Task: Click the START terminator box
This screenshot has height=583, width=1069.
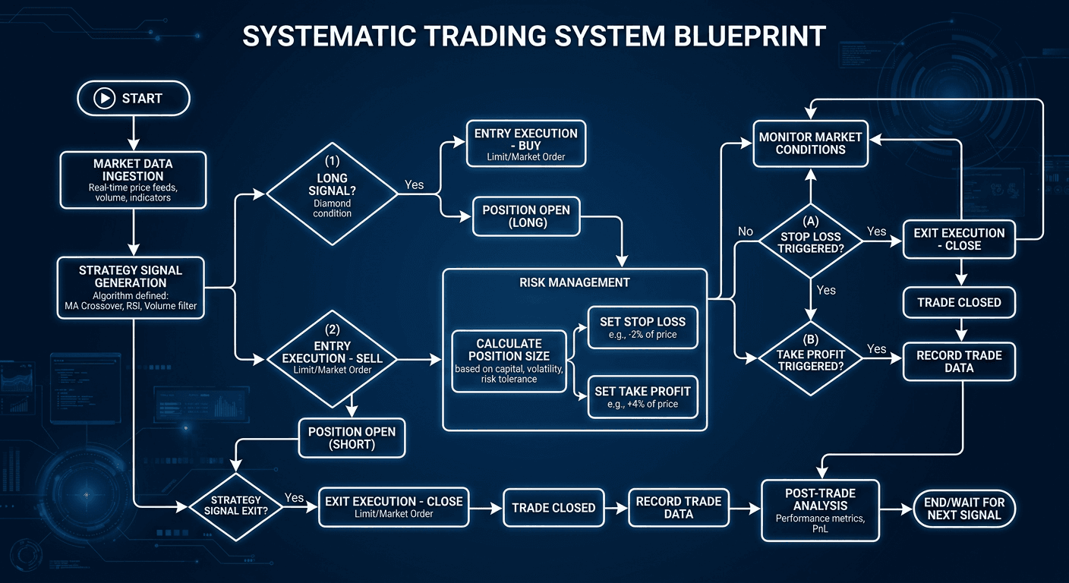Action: (x=133, y=99)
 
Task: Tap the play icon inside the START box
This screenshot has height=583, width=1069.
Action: (x=102, y=99)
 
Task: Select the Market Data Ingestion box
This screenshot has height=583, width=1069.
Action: (x=133, y=180)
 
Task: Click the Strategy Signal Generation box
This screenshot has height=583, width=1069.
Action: (x=131, y=288)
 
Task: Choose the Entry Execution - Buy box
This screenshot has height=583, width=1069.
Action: (x=525, y=143)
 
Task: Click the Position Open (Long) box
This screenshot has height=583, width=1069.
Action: (x=525, y=216)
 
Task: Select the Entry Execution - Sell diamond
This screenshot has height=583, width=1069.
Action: (x=332, y=358)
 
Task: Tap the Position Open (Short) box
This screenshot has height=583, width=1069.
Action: (x=352, y=437)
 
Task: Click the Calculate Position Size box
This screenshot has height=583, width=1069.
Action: (x=508, y=361)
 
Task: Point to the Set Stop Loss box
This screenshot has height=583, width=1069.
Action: (x=642, y=327)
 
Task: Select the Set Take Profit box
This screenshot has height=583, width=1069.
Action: (x=642, y=396)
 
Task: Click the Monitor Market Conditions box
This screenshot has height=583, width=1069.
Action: (x=810, y=143)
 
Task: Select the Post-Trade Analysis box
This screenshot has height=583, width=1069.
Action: (x=820, y=509)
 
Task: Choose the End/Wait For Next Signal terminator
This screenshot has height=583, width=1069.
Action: (x=963, y=508)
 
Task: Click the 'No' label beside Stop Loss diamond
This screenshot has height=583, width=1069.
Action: (x=746, y=231)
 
